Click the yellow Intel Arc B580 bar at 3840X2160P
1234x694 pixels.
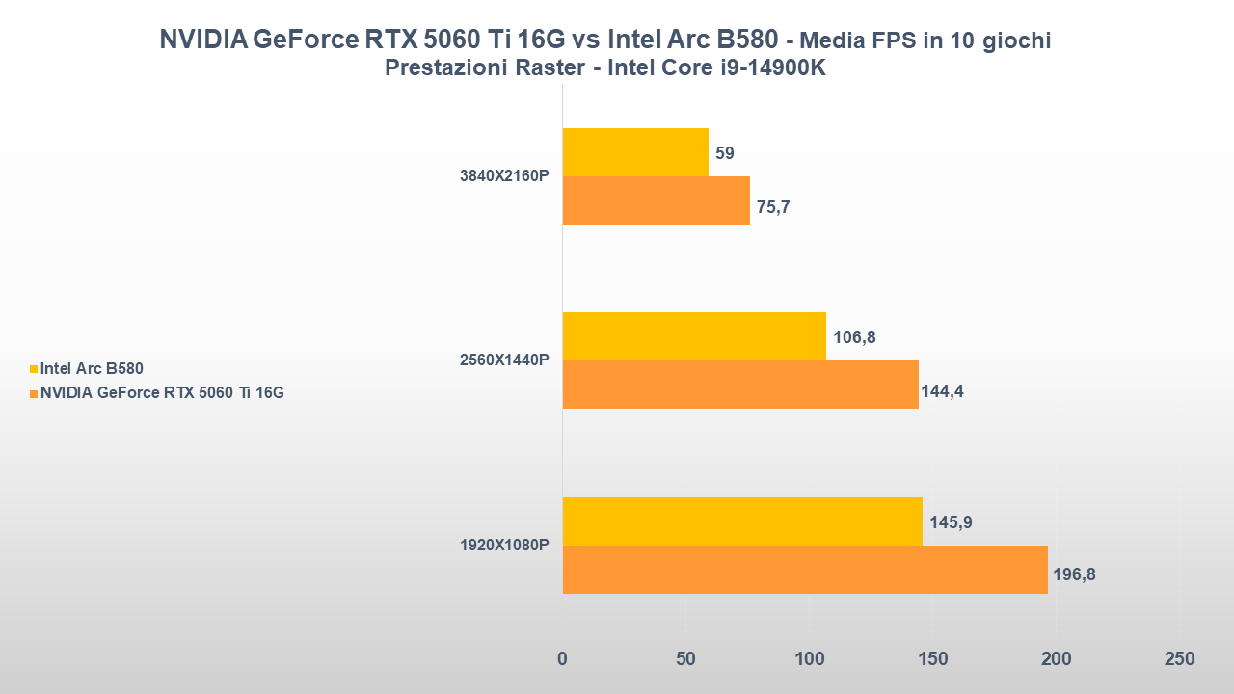(635, 152)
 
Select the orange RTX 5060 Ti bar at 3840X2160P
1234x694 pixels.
(656, 200)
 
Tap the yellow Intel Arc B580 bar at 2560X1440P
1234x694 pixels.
(694, 336)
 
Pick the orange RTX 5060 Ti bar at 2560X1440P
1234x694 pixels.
(740, 385)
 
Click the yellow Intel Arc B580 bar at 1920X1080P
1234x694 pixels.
(742, 521)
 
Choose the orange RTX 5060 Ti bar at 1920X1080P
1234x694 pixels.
(805, 570)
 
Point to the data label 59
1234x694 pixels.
(725, 153)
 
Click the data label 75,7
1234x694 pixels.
(773, 206)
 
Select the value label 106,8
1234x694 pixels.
(854, 337)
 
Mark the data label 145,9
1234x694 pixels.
(951, 522)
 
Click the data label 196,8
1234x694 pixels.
(1075, 575)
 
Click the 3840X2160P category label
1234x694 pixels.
(504, 176)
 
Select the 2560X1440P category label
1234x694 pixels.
(504, 360)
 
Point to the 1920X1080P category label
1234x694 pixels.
(504, 545)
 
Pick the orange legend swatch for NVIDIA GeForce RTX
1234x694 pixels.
(34, 393)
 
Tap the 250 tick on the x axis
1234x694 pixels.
(1179, 659)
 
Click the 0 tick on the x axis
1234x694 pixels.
(563, 659)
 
